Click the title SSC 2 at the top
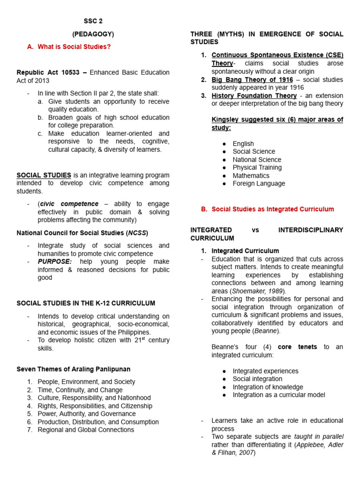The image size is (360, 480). pyautogui.click(x=93, y=22)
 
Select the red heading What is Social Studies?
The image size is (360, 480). pyautogui.click(x=74, y=46)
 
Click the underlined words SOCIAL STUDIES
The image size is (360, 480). pyautogui.click(x=44, y=175)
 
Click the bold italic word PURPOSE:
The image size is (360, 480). pyautogui.click(x=55, y=262)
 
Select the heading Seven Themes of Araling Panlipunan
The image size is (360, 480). pyautogui.click(x=73, y=369)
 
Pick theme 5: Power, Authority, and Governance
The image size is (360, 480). pyautogui.click(x=87, y=414)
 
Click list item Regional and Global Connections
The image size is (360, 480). pyautogui.click(x=86, y=430)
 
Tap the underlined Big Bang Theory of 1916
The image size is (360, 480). pyautogui.click(x=252, y=80)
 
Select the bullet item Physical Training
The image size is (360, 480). pyautogui.click(x=257, y=167)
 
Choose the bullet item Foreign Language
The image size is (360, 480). pyautogui.click(x=259, y=183)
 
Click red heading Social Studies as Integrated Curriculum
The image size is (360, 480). pyautogui.click(x=273, y=209)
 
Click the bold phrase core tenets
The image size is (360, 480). pyautogui.click(x=297, y=347)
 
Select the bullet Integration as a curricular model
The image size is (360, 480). pyautogui.click(x=279, y=395)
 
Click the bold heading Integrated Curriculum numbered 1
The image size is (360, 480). pyautogui.click(x=245, y=251)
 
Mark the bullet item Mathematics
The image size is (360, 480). pyautogui.click(x=251, y=175)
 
